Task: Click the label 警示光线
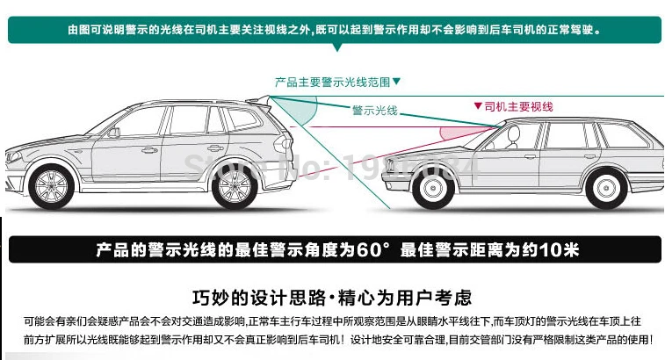[374, 111]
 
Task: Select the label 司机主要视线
[518, 106]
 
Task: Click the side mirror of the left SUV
[112, 133]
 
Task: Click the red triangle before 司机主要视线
[478, 106]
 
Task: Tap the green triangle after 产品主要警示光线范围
[395, 81]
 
